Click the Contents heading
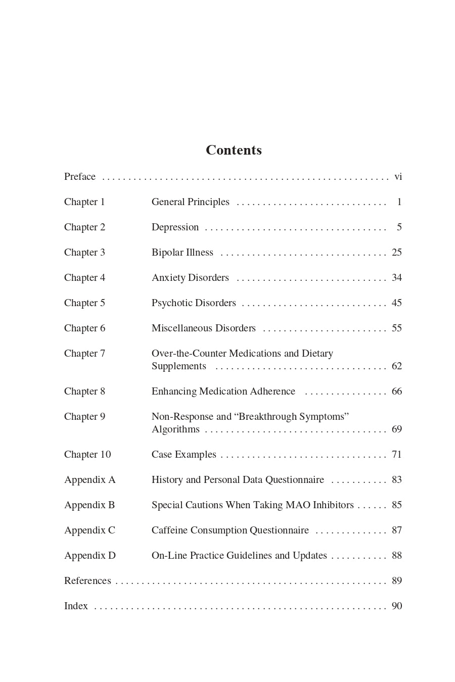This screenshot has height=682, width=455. (x=234, y=150)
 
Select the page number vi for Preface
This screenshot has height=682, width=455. (x=398, y=177)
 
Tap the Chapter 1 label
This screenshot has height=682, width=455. (x=84, y=202)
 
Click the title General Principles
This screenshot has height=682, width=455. (x=191, y=202)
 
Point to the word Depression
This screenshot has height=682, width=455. (x=175, y=227)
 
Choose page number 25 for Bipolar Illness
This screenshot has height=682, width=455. (x=397, y=253)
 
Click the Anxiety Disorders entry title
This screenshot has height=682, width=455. (x=190, y=278)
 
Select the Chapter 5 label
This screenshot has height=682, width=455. (x=84, y=303)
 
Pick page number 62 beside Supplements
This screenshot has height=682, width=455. (x=397, y=366)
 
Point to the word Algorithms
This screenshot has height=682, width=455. (x=175, y=429)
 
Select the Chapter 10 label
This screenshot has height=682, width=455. (x=87, y=455)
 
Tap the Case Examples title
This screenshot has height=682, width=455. (x=184, y=455)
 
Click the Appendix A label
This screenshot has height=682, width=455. (x=90, y=480)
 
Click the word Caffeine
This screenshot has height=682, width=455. (x=170, y=530)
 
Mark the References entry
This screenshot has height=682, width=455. (x=87, y=581)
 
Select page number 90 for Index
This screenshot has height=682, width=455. (x=397, y=606)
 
